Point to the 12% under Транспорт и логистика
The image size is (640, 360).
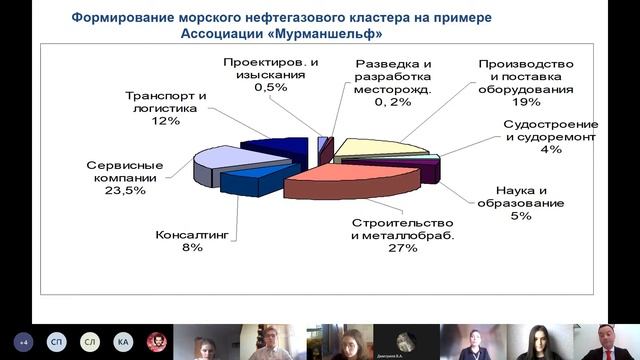[166, 121]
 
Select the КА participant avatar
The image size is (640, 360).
[122, 341]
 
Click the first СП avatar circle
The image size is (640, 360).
[57, 341]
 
